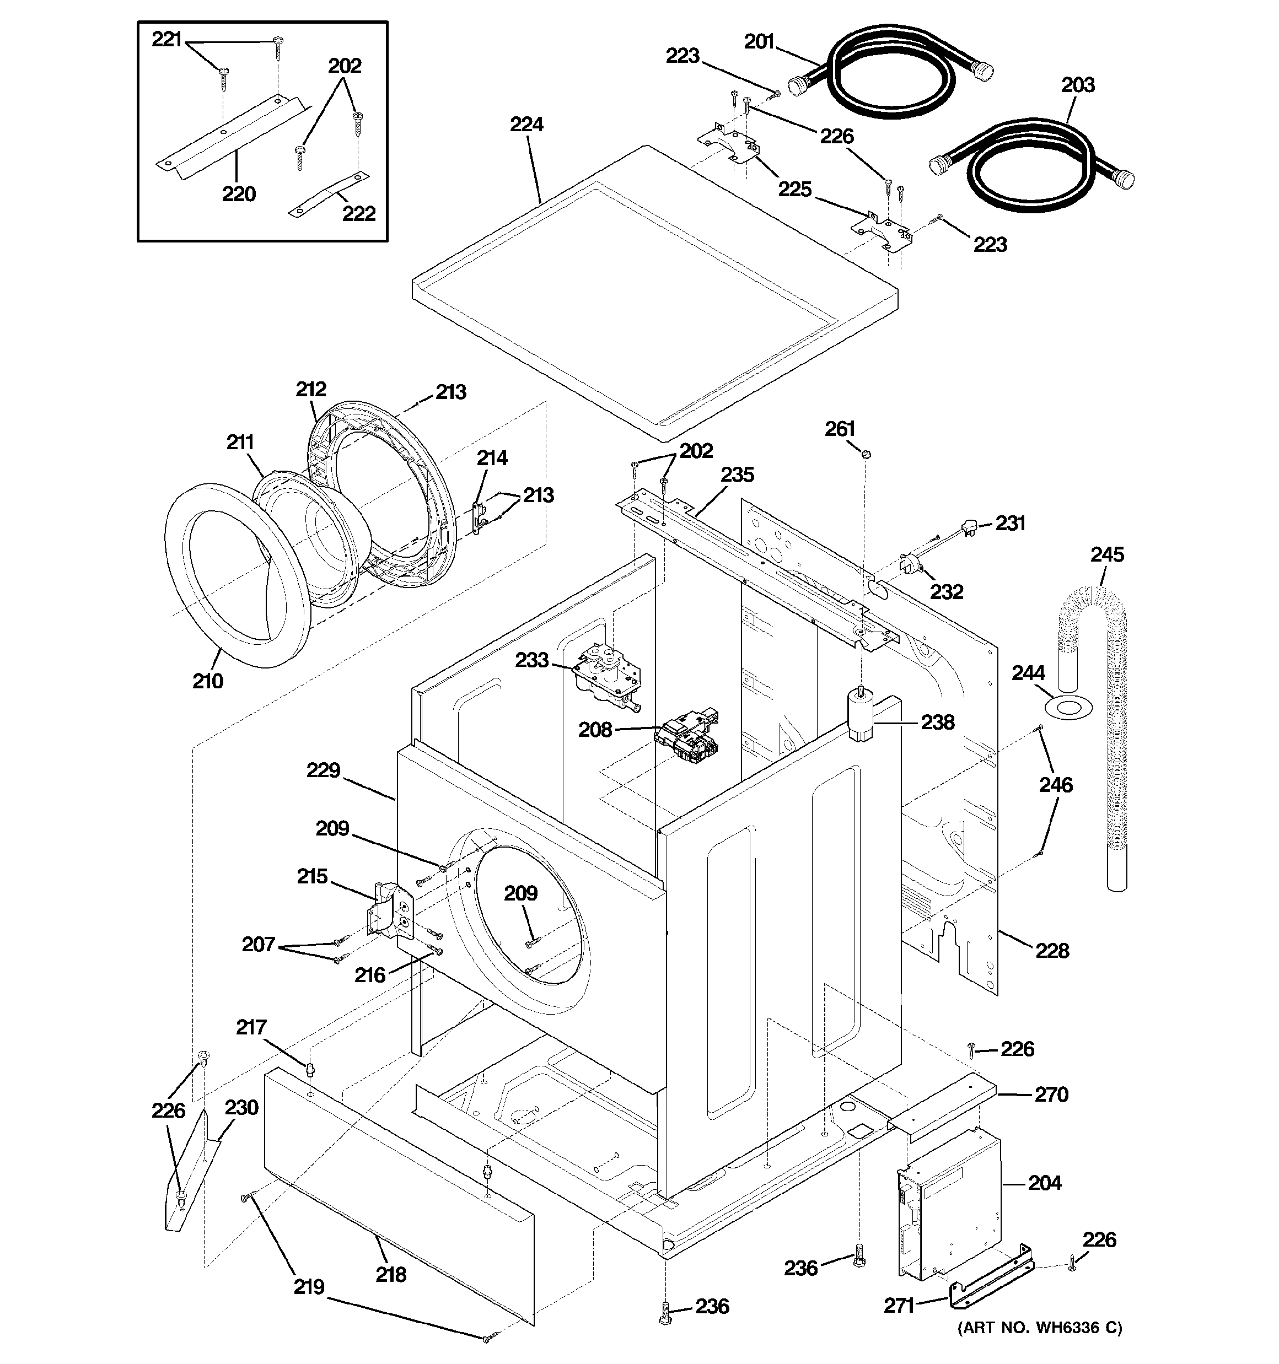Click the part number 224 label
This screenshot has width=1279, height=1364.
526,124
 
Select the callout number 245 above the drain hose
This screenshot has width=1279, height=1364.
1106,554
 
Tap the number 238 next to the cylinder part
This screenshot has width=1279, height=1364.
937,722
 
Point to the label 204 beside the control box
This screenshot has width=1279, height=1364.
1044,1183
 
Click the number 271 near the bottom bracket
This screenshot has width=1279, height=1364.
899,1306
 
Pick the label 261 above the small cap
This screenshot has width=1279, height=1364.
840,429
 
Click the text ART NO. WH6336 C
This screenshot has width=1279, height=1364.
1039,1347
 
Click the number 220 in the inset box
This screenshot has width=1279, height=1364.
238,194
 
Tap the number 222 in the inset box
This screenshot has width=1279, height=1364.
358,213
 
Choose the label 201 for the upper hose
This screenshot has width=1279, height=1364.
759,42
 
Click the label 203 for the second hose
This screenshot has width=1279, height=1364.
1077,85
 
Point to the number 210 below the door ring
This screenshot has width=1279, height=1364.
207,681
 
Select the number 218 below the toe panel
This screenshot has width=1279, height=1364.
391,1274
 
